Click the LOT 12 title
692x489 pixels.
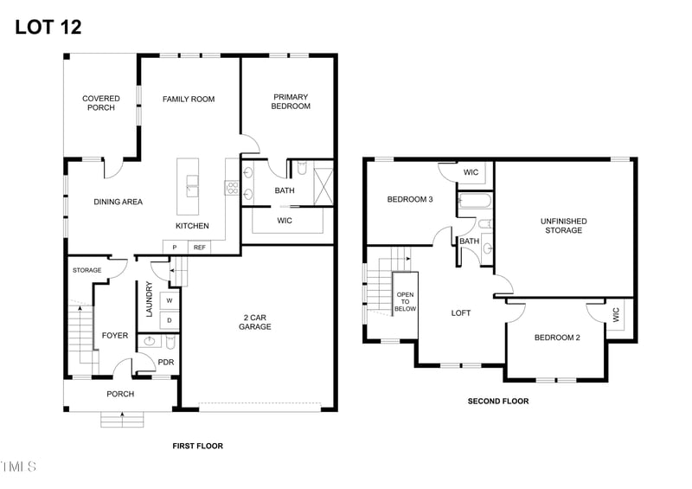click(x=48, y=27)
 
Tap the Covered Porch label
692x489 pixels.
click(x=101, y=103)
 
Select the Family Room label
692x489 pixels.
click(x=189, y=100)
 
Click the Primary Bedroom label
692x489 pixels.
click(x=292, y=101)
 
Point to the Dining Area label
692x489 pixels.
click(x=119, y=202)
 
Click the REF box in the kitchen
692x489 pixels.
click(x=200, y=248)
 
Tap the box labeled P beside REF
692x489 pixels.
click(x=175, y=248)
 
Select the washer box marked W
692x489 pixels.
click(x=170, y=300)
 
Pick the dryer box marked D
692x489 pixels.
click(x=170, y=320)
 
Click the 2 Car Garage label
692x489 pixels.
click(x=255, y=322)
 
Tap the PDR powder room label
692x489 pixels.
click(x=165, y=364)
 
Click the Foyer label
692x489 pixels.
click(x=115, y=336)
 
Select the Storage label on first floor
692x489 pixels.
click(x=87, y=270)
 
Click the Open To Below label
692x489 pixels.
click(x=405, y=295)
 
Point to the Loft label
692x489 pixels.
click(x=461, y=312)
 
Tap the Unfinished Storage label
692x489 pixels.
click(x=564, y=226)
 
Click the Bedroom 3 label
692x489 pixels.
click(x=410, y=200)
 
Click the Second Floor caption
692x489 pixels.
click(x=498, y=402)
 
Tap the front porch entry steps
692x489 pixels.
click(x=121, y=419)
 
